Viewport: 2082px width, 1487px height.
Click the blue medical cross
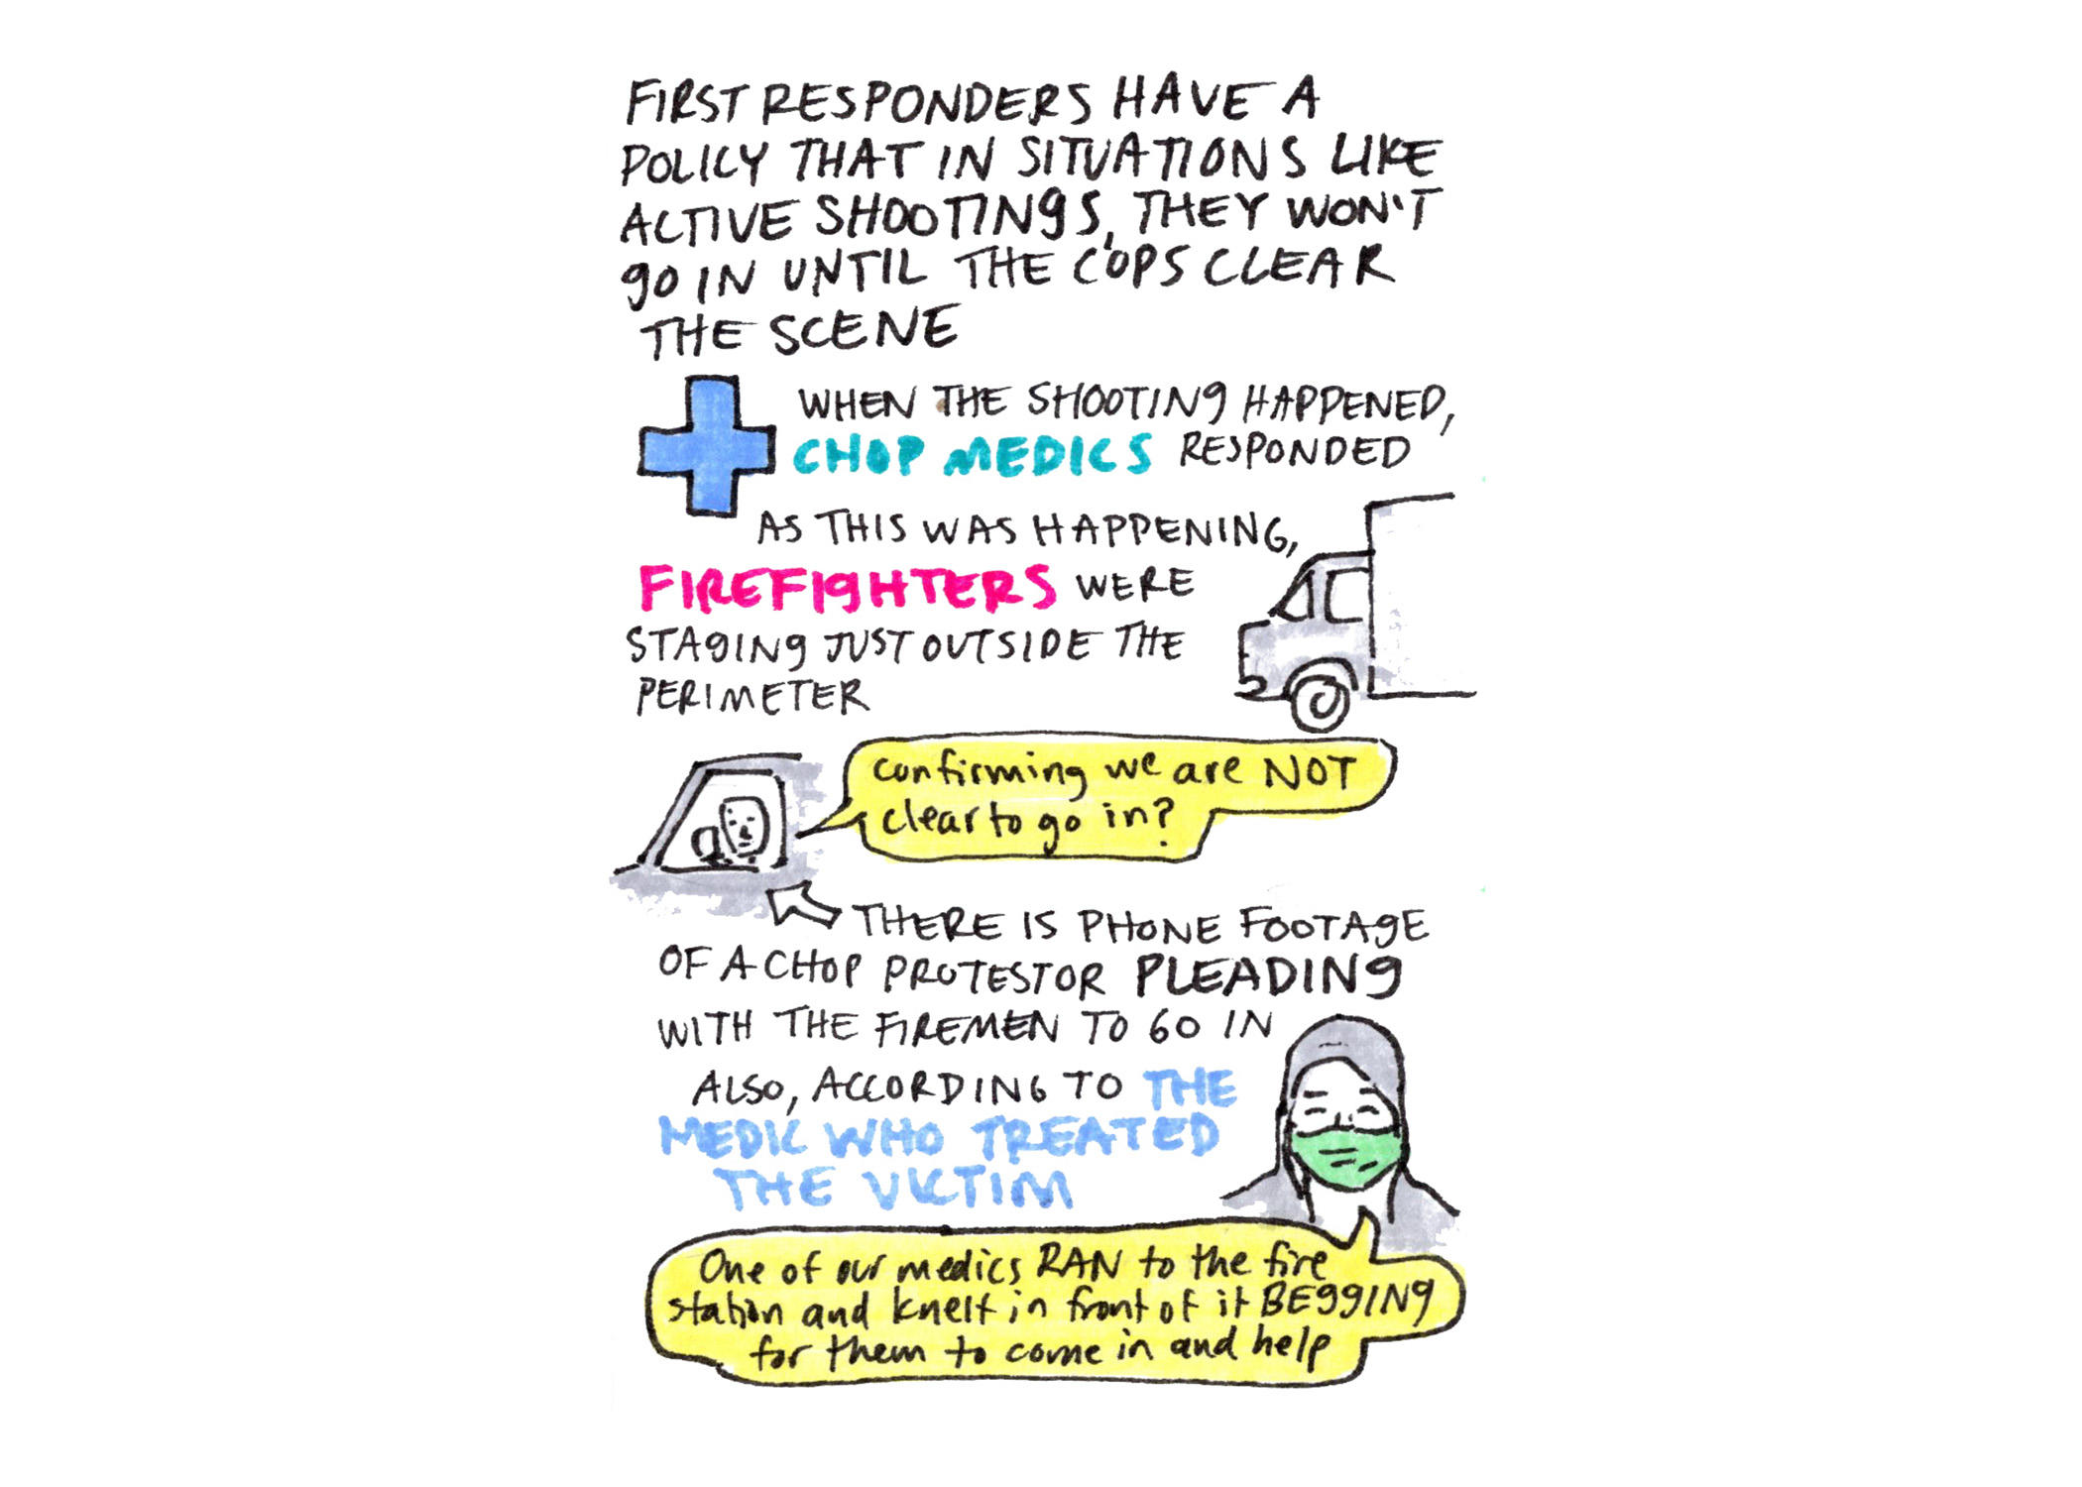(x=706, y=447)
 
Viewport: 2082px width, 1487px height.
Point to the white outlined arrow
(x=805, y=905)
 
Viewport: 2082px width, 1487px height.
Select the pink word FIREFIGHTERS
(x=848, y=588)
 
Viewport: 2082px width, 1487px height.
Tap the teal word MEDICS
(x=1049, y=455)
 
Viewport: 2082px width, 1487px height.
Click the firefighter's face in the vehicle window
(x=740, y=828)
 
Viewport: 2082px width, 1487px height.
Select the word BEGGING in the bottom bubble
(x=1345, y=1305)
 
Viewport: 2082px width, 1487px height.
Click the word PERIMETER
(x=752, y=696)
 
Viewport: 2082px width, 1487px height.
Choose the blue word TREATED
(x=1097, y=1136)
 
